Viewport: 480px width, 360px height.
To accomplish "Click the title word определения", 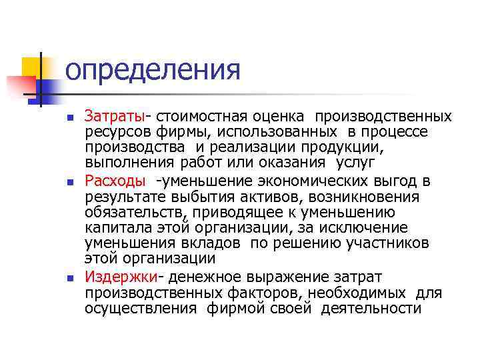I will click(x=153, y=69).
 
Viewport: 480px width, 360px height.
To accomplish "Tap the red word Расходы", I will click(x=115, y=181).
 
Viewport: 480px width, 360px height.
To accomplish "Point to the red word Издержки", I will click(x=121, y=277).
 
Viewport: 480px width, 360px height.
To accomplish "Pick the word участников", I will click(x=389, y=243).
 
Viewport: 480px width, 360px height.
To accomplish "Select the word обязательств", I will click(x=134, y=213).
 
